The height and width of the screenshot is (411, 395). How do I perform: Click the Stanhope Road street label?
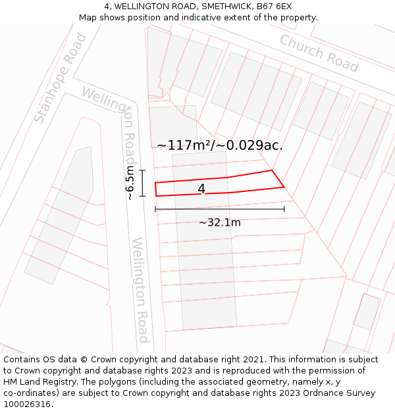(60, 79)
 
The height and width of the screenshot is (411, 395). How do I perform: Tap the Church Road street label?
(319, 53)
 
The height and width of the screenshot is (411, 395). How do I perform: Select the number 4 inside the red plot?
(201, 189)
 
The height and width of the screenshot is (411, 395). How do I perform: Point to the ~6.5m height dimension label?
(130, 183)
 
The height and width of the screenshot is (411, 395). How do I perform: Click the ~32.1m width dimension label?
(220, 222)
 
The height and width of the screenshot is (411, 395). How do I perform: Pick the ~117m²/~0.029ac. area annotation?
(220, 145)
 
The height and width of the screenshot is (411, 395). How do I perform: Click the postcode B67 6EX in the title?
(274, 7)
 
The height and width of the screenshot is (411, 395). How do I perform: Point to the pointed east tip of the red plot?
(284, 187)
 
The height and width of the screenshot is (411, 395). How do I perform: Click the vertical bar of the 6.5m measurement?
(142, 183)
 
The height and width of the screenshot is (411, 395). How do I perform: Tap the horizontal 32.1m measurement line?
(220, 209)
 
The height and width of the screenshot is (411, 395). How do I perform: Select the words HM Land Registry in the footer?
(36, 382)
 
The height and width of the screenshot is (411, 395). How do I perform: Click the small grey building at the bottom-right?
(367, 312)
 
